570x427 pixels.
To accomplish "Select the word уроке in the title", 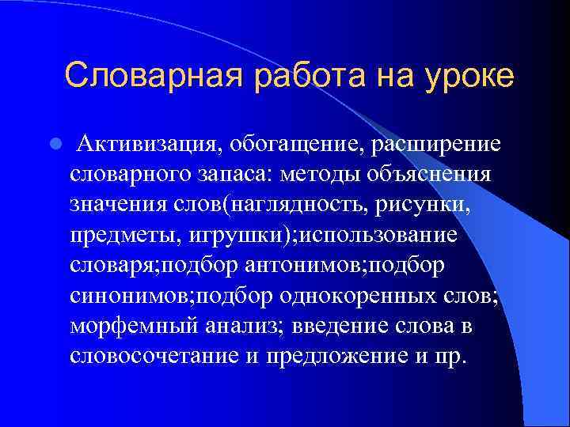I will click(467, 77).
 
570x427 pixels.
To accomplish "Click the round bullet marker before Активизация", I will click(55, 145).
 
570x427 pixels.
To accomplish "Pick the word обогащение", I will click(274, 144).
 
